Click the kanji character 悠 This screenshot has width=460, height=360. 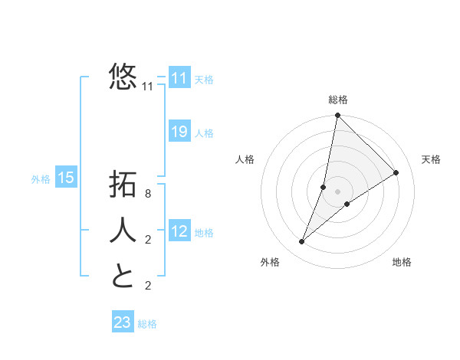(123, 77)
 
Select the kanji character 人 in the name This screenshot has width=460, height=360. (123, 230)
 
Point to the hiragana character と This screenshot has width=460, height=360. (123, 276)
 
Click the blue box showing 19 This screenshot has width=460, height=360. (179, 132)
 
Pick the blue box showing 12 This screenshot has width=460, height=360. (179, 231)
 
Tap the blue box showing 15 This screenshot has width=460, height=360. (66, 178)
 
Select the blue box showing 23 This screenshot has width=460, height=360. (123, 322)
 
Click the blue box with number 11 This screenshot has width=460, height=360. (179, 78)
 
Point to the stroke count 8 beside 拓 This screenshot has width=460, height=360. (148, 195)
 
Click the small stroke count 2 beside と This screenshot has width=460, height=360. (148, 286)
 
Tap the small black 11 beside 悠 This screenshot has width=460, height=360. (148, 87)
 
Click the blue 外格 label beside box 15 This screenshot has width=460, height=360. (41, 179)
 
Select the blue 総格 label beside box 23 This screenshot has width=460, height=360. (147, 324)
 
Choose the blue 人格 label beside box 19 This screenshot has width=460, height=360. (204, 133)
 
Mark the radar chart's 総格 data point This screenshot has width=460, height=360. (337, 116)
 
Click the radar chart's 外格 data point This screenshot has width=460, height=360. (302, 242)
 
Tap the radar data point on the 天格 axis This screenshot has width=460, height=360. (396, 172)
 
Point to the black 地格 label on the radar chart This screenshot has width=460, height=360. (402, 262)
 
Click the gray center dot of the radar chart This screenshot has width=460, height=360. (337, 191)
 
